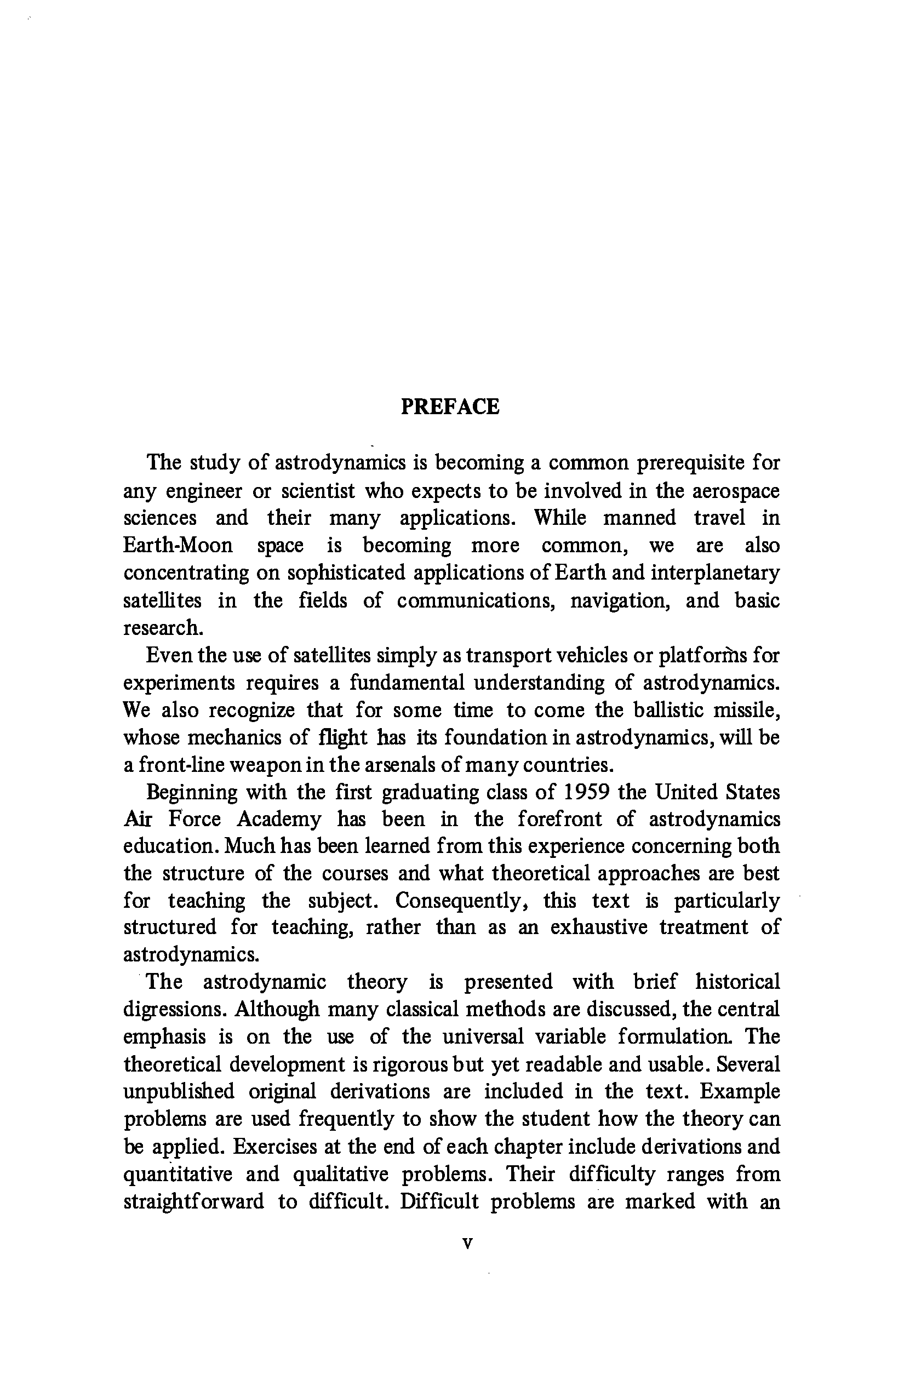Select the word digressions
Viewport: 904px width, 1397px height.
173,1010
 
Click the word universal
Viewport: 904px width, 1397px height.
483,1037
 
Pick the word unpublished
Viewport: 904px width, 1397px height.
179,1092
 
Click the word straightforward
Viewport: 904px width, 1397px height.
194,1201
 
